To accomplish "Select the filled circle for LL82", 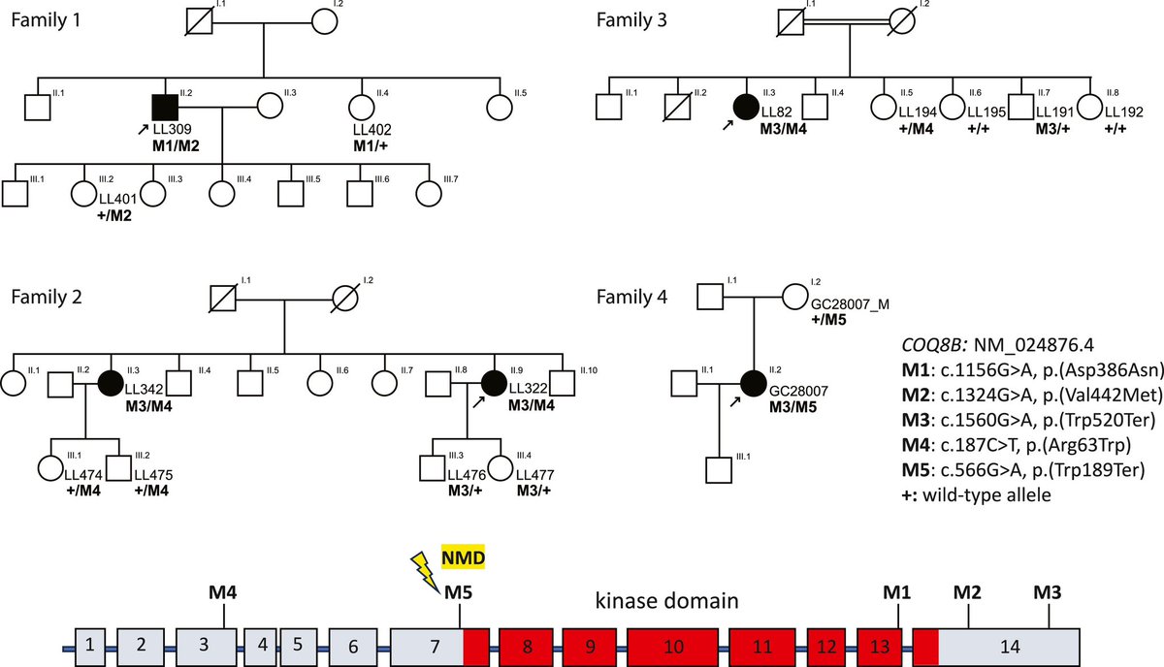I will click(746, 108).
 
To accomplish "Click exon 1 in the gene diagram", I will click(89, 643).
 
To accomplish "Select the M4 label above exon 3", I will click(224, 589).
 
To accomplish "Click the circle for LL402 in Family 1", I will click(362, 109).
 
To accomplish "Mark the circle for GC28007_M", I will click(794, 295).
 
